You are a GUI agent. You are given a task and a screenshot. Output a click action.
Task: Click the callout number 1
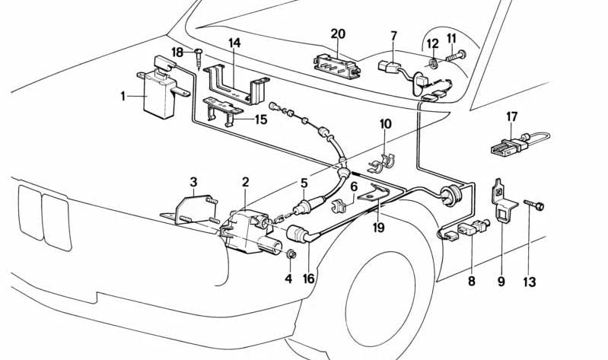(x=122, y=97)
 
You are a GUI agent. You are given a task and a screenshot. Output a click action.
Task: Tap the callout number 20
(x=339, y=33)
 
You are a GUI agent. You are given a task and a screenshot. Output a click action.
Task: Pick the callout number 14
(x=234, y=43)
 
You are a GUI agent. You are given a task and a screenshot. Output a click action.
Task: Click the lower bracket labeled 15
(x=228, y=111)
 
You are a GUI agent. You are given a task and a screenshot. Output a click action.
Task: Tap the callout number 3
(x=194, y=182)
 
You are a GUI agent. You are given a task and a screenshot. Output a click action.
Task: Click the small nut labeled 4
(x=291, y=253)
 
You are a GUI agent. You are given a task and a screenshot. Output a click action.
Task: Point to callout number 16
(x=308, y=279)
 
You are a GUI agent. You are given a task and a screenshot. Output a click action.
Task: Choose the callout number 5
(x=304, y=183)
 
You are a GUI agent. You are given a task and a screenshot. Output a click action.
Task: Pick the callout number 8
(x=472, y=282)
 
